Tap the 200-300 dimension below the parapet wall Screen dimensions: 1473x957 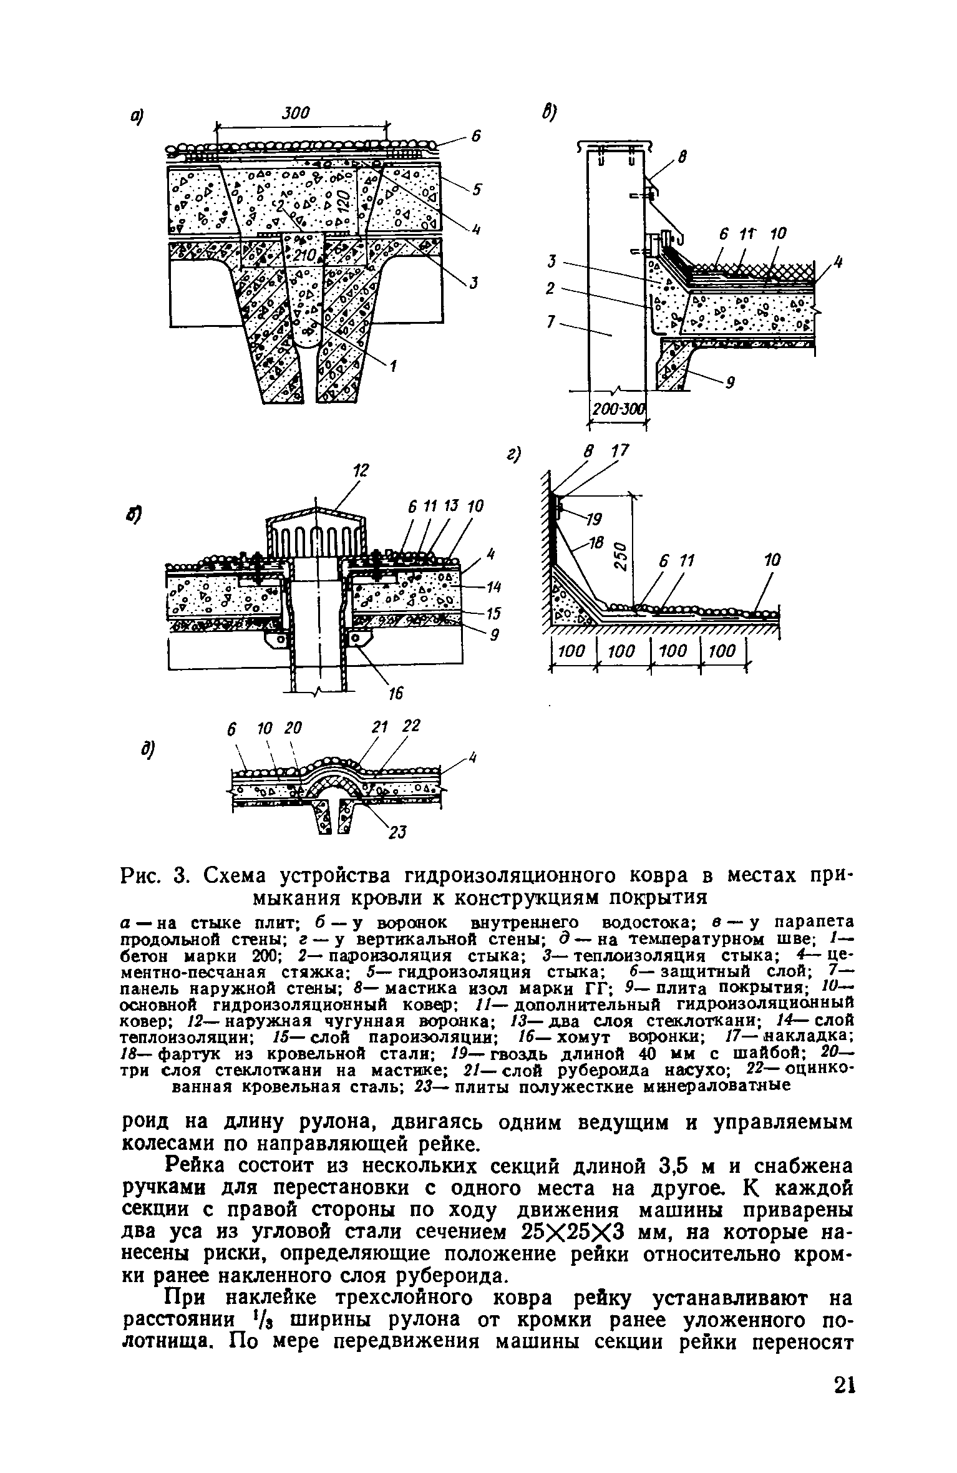point(618,409)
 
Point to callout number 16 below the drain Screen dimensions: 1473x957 point(396,693)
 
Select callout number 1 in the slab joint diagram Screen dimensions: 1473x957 point(393,368)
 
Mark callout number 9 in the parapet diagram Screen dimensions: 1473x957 point(729,384)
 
